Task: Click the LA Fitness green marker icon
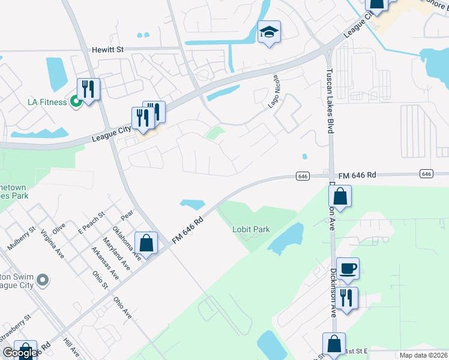tap(76, 101)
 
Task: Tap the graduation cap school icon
tap(269, 32)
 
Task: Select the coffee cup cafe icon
tap(348, 268)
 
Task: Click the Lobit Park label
tap(252, 229)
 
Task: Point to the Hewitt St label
tap(107, 50)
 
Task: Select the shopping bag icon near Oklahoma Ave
tap(146, 243)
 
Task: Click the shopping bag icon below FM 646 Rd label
tap(340, 197)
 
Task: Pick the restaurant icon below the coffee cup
tap(346, 298)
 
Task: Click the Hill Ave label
tap(71, 349)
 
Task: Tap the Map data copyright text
tap(423, 355)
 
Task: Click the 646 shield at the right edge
tap(426, 173)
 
